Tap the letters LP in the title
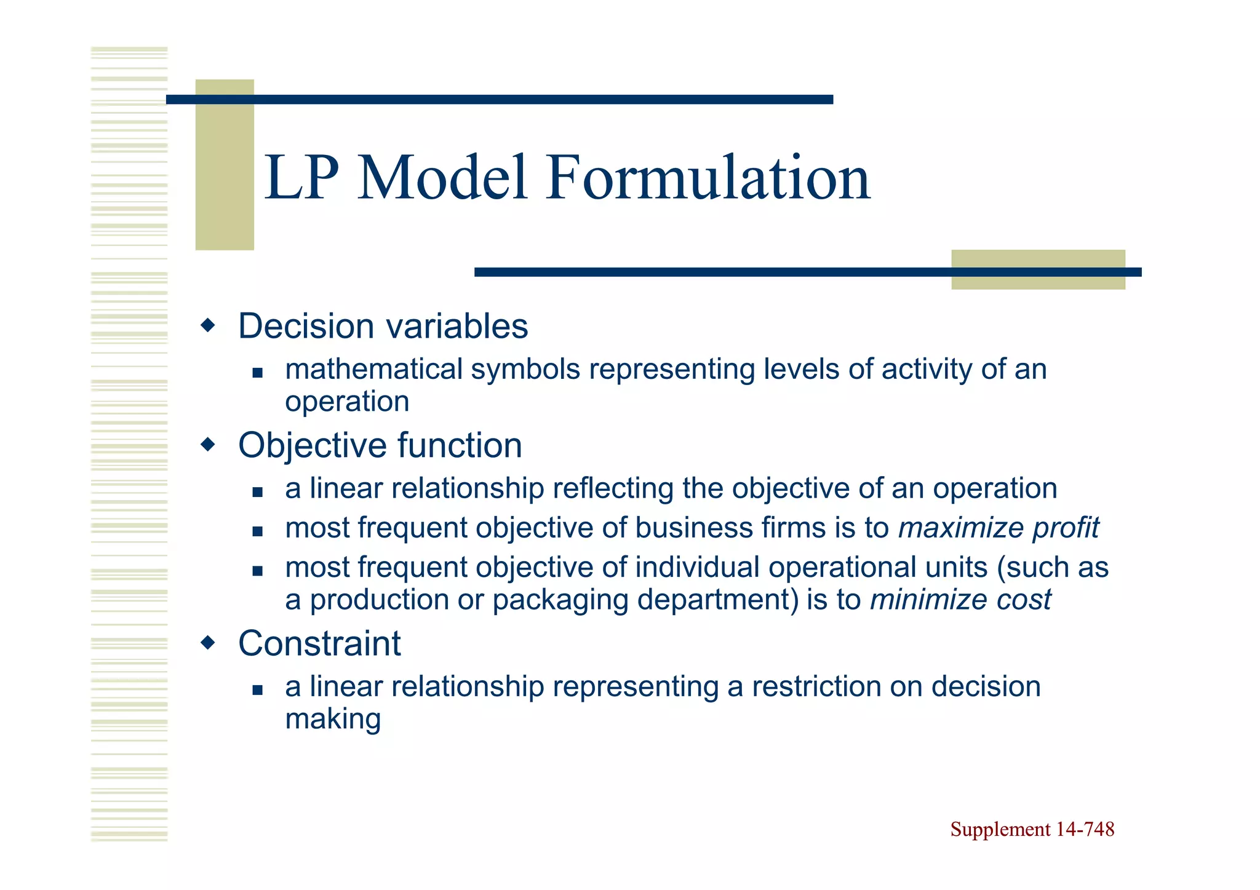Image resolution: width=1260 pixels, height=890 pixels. (x=301, y=178)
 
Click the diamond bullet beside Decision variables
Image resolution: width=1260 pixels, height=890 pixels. (x=209, y=325)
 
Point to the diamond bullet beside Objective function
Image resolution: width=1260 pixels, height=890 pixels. (x=209, y=443)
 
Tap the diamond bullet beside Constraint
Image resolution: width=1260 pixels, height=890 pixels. (x=209, y=643)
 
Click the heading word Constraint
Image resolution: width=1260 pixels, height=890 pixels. (x=319, y=643)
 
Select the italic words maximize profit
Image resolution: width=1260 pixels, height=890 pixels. (x=998, y=528)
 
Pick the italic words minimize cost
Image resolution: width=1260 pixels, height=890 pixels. (x=960, y=599)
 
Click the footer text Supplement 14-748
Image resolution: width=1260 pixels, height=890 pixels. (x=1032, y=829)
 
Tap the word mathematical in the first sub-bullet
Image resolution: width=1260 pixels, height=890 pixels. (x=373, y=369)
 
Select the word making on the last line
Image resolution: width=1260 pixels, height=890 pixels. (x=333, y=718)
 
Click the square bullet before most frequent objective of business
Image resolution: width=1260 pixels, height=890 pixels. (x=257, y=531)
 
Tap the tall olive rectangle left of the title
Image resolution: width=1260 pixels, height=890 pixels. (x=225, y=164)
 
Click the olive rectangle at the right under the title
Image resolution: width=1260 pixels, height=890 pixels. (x=1038, y=269)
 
